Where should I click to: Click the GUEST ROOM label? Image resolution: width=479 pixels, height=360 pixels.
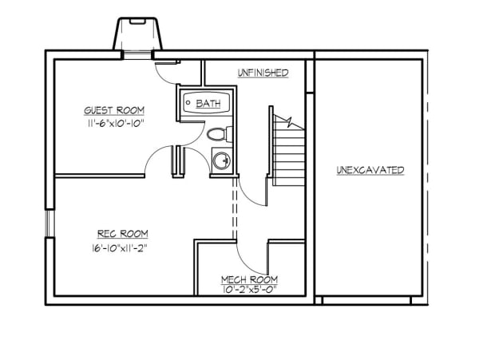point(114,111)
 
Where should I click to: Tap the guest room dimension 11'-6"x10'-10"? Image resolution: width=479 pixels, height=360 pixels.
point(114,125)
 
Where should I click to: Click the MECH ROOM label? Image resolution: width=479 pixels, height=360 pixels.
point(249,279)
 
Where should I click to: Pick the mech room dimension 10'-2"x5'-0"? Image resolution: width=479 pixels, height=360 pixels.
point(249,290)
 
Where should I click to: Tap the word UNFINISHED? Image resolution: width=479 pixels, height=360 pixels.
point(262,73)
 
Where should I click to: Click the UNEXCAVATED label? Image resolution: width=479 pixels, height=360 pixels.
point(370,170)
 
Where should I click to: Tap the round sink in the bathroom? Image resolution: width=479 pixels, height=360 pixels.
point(221,160)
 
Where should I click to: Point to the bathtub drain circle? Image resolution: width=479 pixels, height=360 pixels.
point(188,103)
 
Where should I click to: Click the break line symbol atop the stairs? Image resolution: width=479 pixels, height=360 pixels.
point(289,121)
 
